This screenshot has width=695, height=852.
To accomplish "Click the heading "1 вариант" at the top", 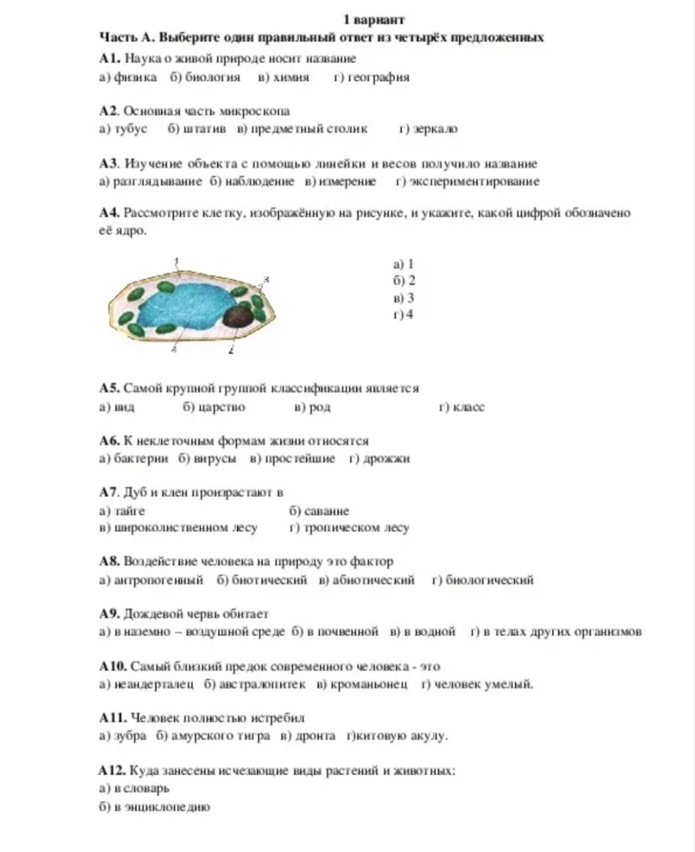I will [x=374, y=19].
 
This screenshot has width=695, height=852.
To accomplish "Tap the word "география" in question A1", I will [x=378, y=77].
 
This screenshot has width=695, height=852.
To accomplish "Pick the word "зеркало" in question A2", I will [x=435, y=128].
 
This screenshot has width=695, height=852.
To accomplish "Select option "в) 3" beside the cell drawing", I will [x=404, y=298].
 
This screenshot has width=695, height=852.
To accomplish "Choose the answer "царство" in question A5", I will [x=222, y=407].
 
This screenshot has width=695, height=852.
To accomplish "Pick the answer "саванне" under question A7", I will [x=326, y=511].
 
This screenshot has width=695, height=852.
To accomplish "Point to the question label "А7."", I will [x=108, y=493].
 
